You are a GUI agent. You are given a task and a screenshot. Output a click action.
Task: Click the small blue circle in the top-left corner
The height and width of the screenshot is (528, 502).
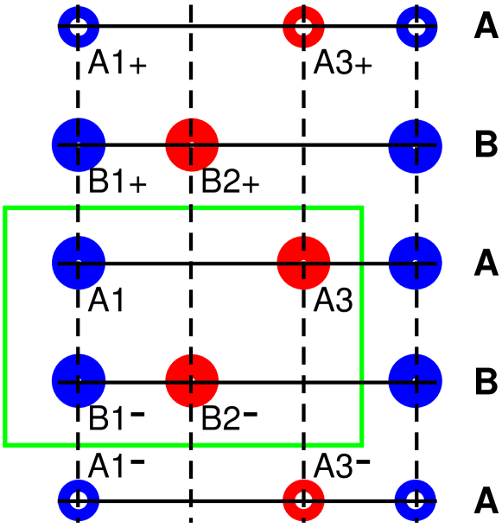(x=79, y=27)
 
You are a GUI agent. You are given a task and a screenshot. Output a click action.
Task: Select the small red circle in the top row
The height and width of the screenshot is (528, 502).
(x=303, y=27)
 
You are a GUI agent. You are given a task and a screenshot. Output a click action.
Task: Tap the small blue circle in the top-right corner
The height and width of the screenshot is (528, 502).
(x=416, y=27)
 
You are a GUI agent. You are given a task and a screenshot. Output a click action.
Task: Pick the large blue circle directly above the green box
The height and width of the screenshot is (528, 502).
(x=79, y=145)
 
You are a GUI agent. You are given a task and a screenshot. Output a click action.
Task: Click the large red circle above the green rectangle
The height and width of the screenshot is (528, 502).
(x=192, y=145)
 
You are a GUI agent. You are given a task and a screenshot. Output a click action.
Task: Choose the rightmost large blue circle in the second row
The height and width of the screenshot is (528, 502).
(x=416, y=146)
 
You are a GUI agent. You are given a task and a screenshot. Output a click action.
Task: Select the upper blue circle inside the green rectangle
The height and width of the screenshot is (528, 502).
(x=79, y=263)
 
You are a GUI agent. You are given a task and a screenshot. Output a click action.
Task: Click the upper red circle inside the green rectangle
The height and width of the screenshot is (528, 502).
(x=303, y=263)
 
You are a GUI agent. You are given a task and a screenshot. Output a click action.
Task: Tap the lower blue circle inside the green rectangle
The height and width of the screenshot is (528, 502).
(x=79, y=380)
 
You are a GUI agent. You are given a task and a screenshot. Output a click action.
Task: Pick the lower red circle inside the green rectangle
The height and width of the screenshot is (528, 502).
(x=192, y=380)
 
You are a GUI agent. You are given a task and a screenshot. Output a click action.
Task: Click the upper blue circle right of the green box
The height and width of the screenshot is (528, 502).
(x=416, y=263)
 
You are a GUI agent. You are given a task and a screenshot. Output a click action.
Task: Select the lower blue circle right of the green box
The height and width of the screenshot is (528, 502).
(x=416, y=380)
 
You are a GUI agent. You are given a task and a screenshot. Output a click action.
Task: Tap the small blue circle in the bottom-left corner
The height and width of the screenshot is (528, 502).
(x=79, y=499)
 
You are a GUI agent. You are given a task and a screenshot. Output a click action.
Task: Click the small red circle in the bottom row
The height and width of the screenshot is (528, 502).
(x=303, y=499)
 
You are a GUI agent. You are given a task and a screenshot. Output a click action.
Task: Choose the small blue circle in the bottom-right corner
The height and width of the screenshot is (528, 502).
(x=416, y=499)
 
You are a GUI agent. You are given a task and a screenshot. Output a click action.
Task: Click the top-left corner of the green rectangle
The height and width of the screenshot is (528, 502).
(x=6, y=208)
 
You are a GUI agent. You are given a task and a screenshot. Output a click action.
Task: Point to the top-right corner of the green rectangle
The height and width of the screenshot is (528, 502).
(x=361, y=208)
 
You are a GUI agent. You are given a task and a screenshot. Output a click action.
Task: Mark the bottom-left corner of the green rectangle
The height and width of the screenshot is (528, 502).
(x=6, y=444)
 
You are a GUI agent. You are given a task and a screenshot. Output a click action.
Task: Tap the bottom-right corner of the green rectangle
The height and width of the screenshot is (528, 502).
(x=361, y=444)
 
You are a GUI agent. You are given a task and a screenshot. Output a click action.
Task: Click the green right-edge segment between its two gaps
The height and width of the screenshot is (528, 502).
(x=361, y=321)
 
